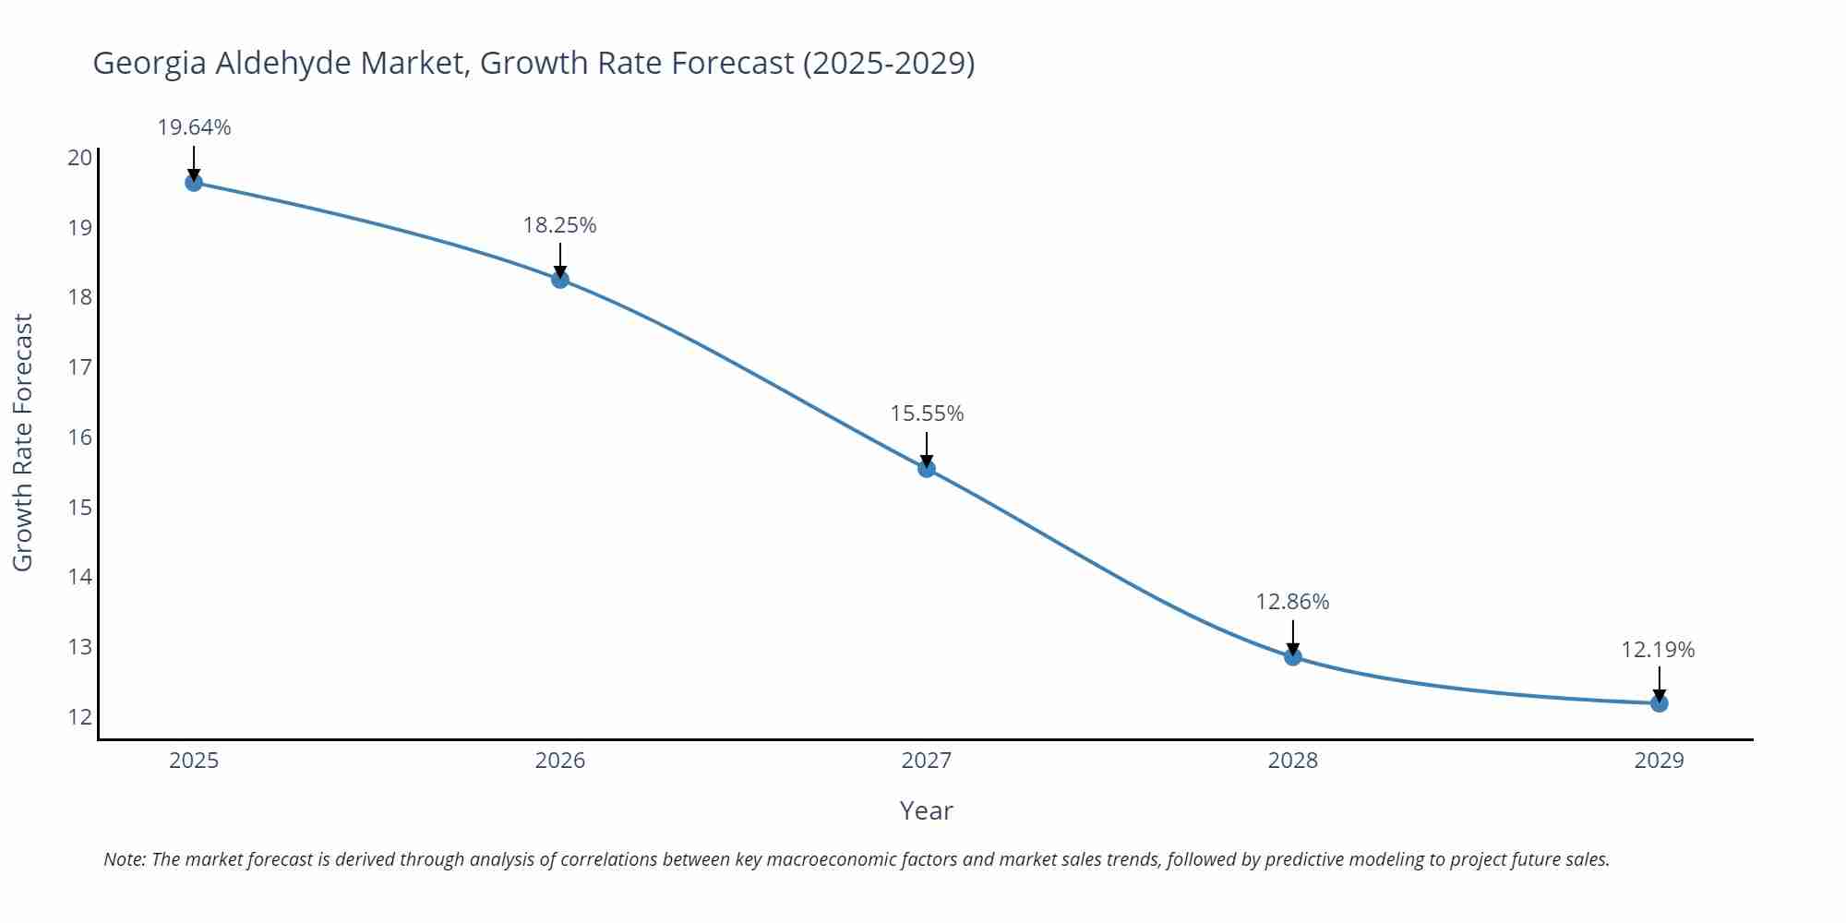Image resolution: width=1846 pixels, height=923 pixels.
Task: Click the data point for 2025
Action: [x=194, y=183]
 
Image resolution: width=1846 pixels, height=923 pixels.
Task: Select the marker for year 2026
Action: [x=560, y=280]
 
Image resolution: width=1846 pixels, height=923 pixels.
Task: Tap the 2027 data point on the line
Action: [x=927, y=469]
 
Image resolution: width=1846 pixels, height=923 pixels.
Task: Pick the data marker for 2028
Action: [x=1293, y=657]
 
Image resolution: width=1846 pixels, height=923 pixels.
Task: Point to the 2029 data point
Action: [x=1660, y=703]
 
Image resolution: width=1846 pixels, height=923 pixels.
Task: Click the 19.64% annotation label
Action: [x=194, y=127]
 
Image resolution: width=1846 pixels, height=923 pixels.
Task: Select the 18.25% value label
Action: [x=560, y=225]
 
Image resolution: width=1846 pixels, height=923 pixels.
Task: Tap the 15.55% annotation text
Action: [x=927, y=414]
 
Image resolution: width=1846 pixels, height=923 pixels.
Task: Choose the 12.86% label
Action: [x=1292, y=602]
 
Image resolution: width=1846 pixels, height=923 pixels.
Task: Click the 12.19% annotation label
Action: [x=1659, y=650]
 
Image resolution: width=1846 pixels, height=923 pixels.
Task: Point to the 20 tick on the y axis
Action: [x=80, y=157]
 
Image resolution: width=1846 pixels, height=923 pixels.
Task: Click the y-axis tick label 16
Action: [x=80, y=437]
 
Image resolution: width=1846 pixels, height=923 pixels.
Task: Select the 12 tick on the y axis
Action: [x=80, y=716]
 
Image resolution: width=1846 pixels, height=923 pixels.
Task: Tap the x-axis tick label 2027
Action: [x=927, y=761]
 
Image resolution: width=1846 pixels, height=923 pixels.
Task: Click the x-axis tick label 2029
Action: [x=1660, y=761]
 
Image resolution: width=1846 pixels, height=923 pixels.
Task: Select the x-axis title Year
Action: [x=926, y=810]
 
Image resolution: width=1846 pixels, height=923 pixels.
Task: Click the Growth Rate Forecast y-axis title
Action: [x=23, y=442]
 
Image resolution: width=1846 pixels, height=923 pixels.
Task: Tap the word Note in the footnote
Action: [x=124, y=859]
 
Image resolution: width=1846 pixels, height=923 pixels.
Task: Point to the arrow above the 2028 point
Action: [x=1293, y=636]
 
